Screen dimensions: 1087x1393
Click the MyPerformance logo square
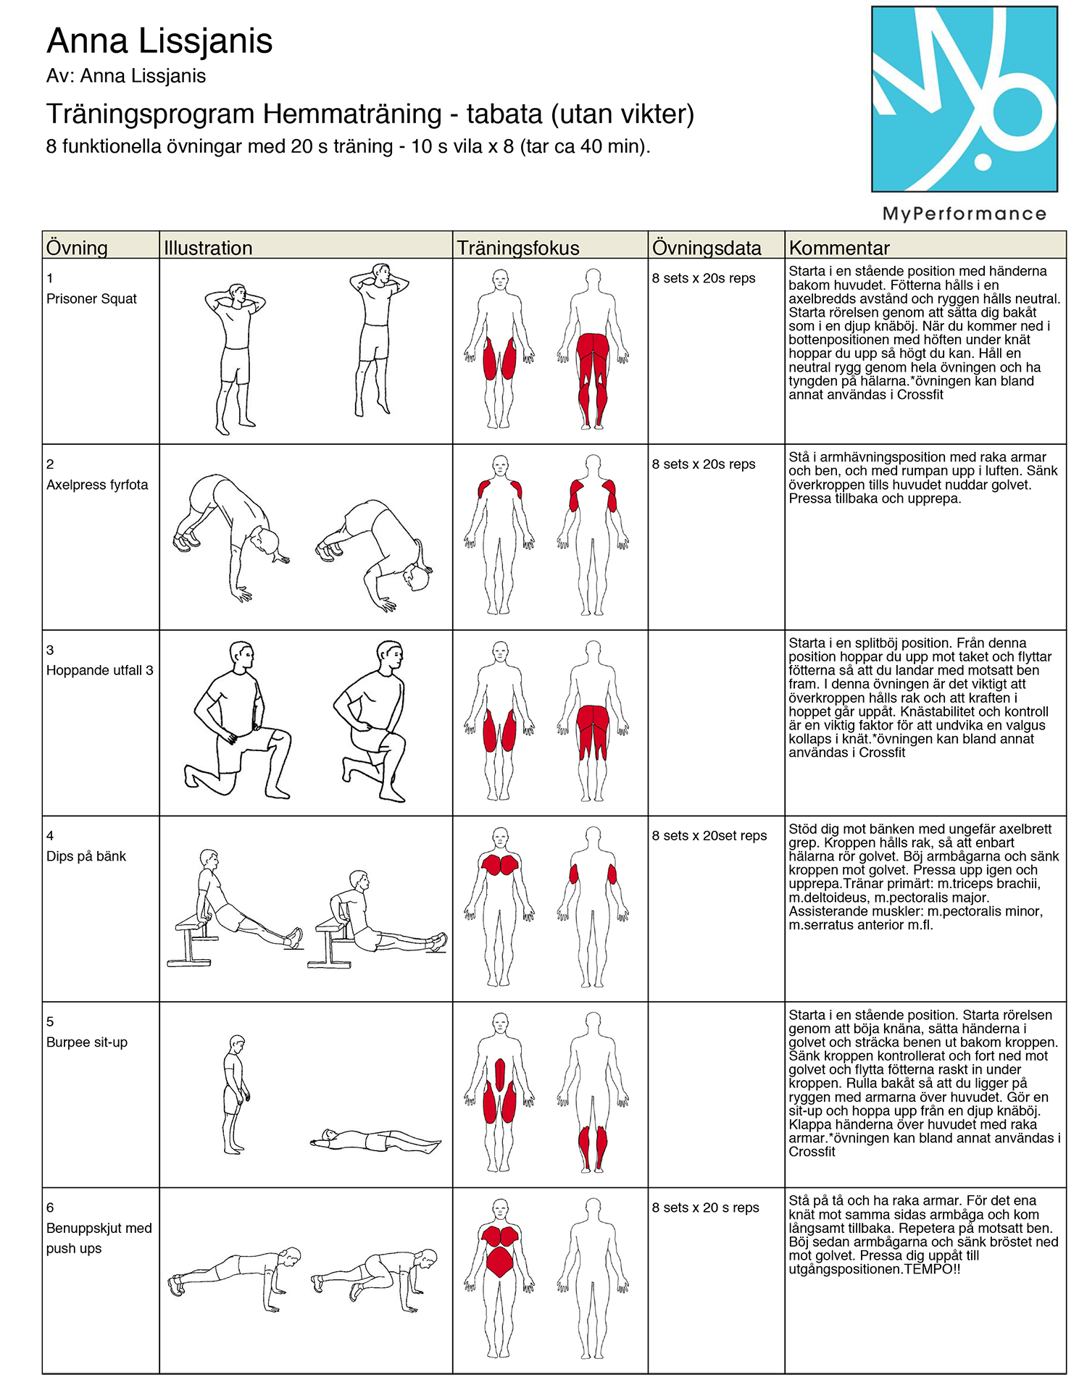965,99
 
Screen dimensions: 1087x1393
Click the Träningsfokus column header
518,248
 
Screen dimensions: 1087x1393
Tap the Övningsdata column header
707,248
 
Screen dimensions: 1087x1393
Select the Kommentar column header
839,248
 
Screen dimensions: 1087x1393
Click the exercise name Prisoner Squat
91,298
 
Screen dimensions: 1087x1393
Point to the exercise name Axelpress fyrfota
97,485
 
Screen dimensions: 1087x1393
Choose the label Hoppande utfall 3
100,670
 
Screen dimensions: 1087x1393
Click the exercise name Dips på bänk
86,856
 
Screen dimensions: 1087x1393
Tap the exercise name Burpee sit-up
87,1042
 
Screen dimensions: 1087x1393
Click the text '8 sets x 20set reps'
709,836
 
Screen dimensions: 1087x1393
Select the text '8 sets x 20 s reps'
706,1208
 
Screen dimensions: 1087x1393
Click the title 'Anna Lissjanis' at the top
159,41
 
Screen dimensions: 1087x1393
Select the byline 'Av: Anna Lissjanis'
126,76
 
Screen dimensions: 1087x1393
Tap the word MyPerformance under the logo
965,214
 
